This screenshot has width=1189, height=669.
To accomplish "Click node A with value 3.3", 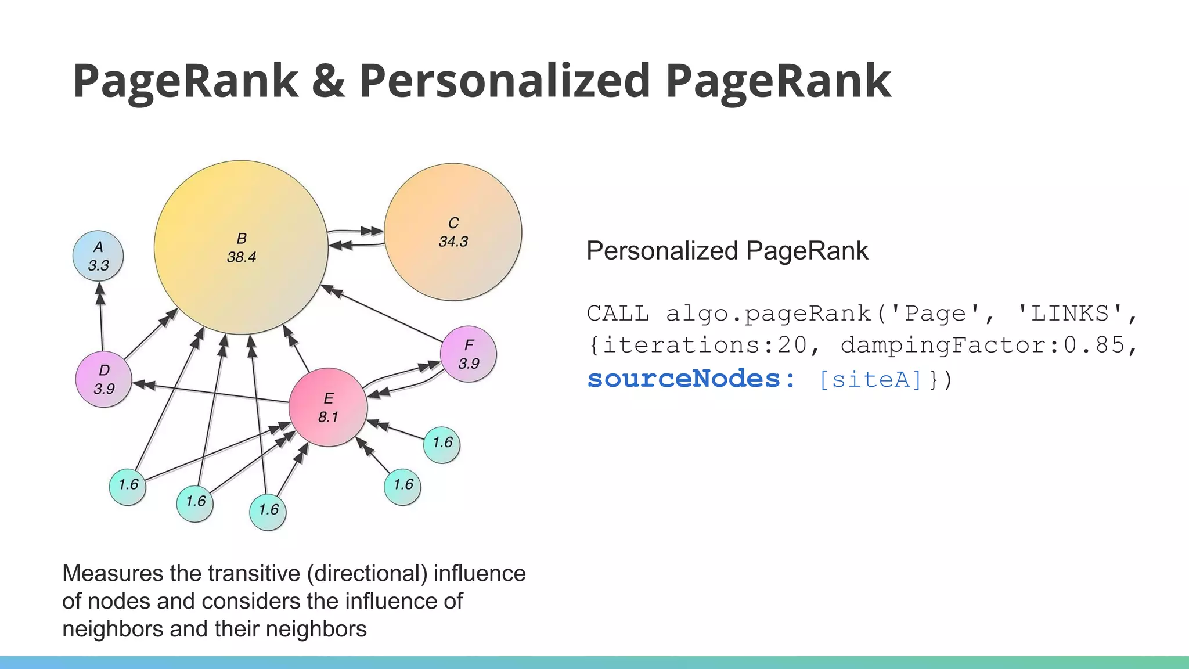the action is [98, 256].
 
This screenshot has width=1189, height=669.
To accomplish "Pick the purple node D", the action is [104, 379].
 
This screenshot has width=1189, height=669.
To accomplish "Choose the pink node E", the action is [328, 407].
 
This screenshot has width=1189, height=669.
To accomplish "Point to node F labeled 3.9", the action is [469, 354].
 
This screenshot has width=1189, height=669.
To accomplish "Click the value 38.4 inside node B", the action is [241, 257].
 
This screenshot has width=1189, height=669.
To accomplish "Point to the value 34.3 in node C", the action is [453, 242].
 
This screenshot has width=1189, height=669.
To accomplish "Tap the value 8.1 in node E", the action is [328, 417].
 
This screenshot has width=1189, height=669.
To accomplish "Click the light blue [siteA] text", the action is [870, 379].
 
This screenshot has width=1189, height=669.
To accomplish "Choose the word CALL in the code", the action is [618, 314].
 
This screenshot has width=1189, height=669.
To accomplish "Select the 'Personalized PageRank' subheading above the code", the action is [727, 251].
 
